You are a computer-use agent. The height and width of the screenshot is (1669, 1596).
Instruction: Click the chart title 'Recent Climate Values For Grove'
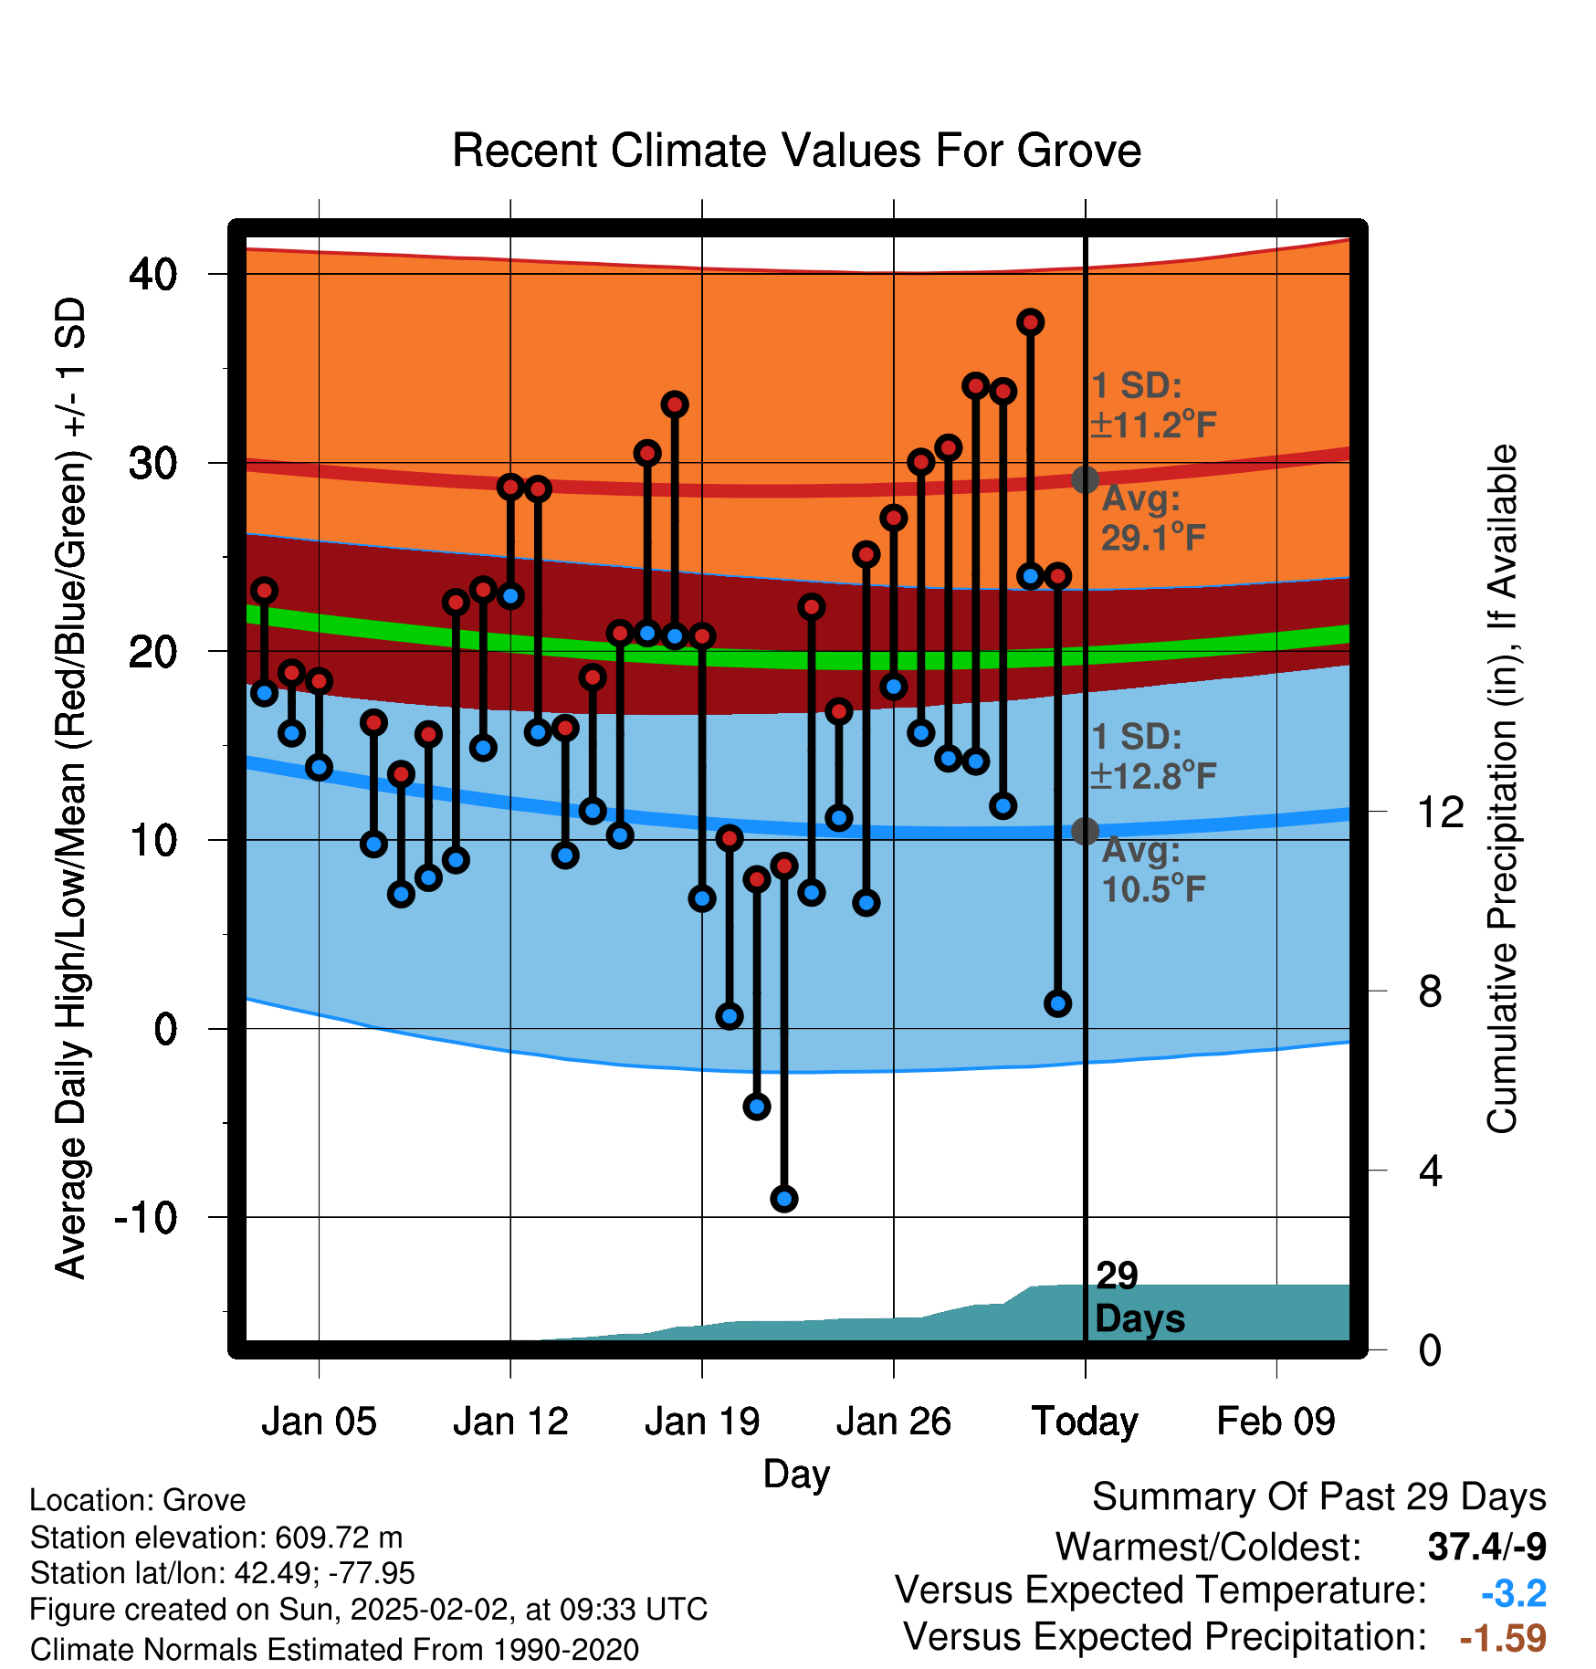pyautogui.click(x=796, y=151)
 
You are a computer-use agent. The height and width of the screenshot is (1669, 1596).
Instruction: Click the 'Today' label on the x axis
pyautogui.click(x=1085, y=1422)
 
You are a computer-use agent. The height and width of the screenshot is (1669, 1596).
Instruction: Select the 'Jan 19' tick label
pyautogui.click(x=702, y=1422)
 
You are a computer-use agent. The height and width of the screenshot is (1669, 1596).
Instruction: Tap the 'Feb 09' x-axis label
pyautogui.click(x=1276, y=1422)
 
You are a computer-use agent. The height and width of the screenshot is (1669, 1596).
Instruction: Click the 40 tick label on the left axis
pyautogui.click(x=153, y=274)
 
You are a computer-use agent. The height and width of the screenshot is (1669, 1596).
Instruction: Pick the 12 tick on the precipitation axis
pyautogui.click(x=1441, y=812)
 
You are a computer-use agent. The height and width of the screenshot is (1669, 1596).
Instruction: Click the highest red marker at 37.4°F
pyautogui.click(x=1031, y=322)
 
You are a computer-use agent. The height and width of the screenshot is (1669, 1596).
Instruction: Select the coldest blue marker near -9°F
pyautogui.click(x=784, y=1199)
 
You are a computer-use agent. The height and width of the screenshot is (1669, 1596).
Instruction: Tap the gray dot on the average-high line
pyautogui.click(x=1085, y=479)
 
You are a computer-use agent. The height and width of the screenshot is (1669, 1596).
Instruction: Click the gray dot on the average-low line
pyautogui.click(x=1085, y=831)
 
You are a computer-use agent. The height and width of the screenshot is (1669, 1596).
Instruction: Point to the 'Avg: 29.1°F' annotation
pyautogui.click(x=1154, y=519)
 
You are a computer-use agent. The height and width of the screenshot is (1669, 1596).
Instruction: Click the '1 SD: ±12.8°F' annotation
pyautogui.click(x=1154, y=756)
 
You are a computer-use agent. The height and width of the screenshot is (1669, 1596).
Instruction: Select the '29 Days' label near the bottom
pyautogui.click(x=1139, y=1297)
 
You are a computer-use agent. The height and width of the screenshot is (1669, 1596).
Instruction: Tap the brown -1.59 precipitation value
pyautogui.click(x=1503, y=1638)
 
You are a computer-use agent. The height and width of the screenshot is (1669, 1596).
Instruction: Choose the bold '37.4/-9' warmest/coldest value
pyautogui.click(x=1487, y=1547)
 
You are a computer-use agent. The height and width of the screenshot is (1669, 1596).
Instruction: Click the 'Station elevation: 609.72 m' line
pyautogui.click(x=216, y=1538)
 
